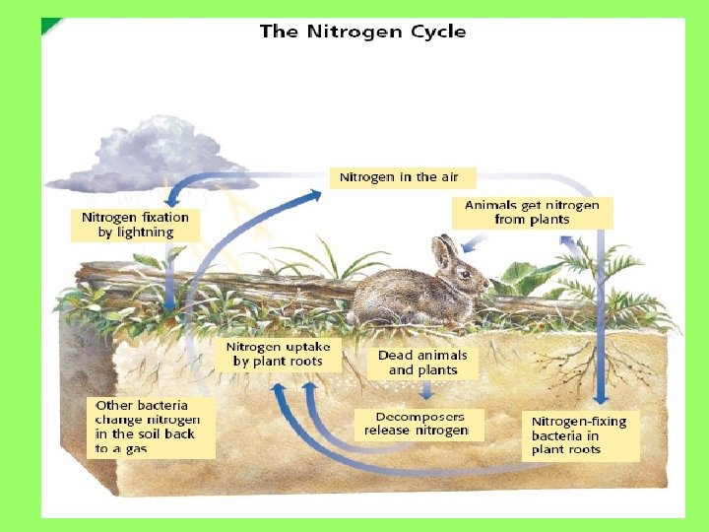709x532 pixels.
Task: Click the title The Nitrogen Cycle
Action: pyautogui.click(x=362, y=32)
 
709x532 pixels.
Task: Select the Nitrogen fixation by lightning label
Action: pyautogui.click(x=135, y=225)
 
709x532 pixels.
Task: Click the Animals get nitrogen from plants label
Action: pyautogui.click(x=532, y=213)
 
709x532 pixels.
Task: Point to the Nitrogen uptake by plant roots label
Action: pyautogui.click(x=280, y=355)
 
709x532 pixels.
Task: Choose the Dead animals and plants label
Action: pyautogui.click(x=422, y=363)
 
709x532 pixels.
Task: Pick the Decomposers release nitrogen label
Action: pyautogui.click(x=417, y=424)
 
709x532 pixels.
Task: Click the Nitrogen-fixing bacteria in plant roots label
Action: pyautogui.click(x=579, y=435)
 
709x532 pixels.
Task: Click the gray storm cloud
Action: pyautogui.click(x=148, y=158)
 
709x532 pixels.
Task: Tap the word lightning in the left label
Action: pyautogui.click(x=145, y=233)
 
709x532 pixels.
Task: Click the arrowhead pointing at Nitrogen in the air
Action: pyautogui.click(x=314, y=195)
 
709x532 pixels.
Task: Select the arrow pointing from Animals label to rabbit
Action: pyautogui.click(x=477, y=240)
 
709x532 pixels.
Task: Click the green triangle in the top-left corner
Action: pyautogui.click(x=49, y=25)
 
